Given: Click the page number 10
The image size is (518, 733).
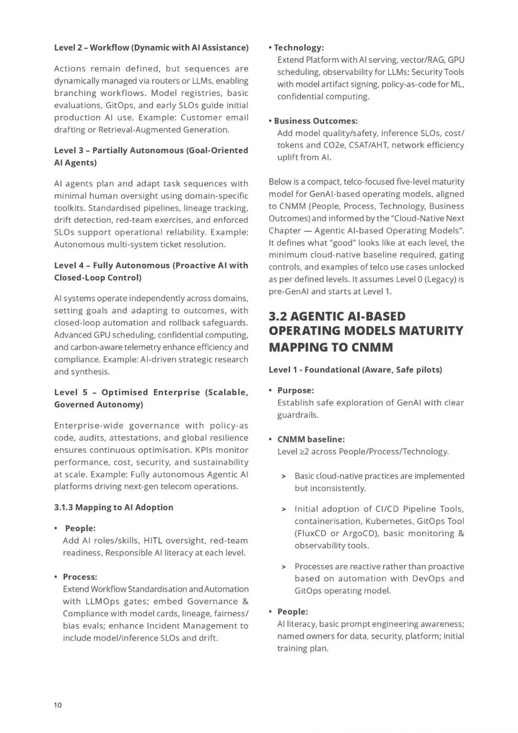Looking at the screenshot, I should tap(58, 705).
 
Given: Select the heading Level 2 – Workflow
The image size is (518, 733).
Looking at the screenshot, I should tap(151, 48).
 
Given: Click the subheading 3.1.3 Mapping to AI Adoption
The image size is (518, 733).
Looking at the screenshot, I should tap(114, 507).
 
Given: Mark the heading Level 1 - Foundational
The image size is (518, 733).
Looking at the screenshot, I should tap(355, 370).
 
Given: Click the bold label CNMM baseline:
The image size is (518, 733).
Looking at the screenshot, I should tap(311, 439).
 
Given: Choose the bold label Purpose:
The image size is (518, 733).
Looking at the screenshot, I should tap(295, 391).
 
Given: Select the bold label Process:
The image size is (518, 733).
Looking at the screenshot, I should tap(80, 577).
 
